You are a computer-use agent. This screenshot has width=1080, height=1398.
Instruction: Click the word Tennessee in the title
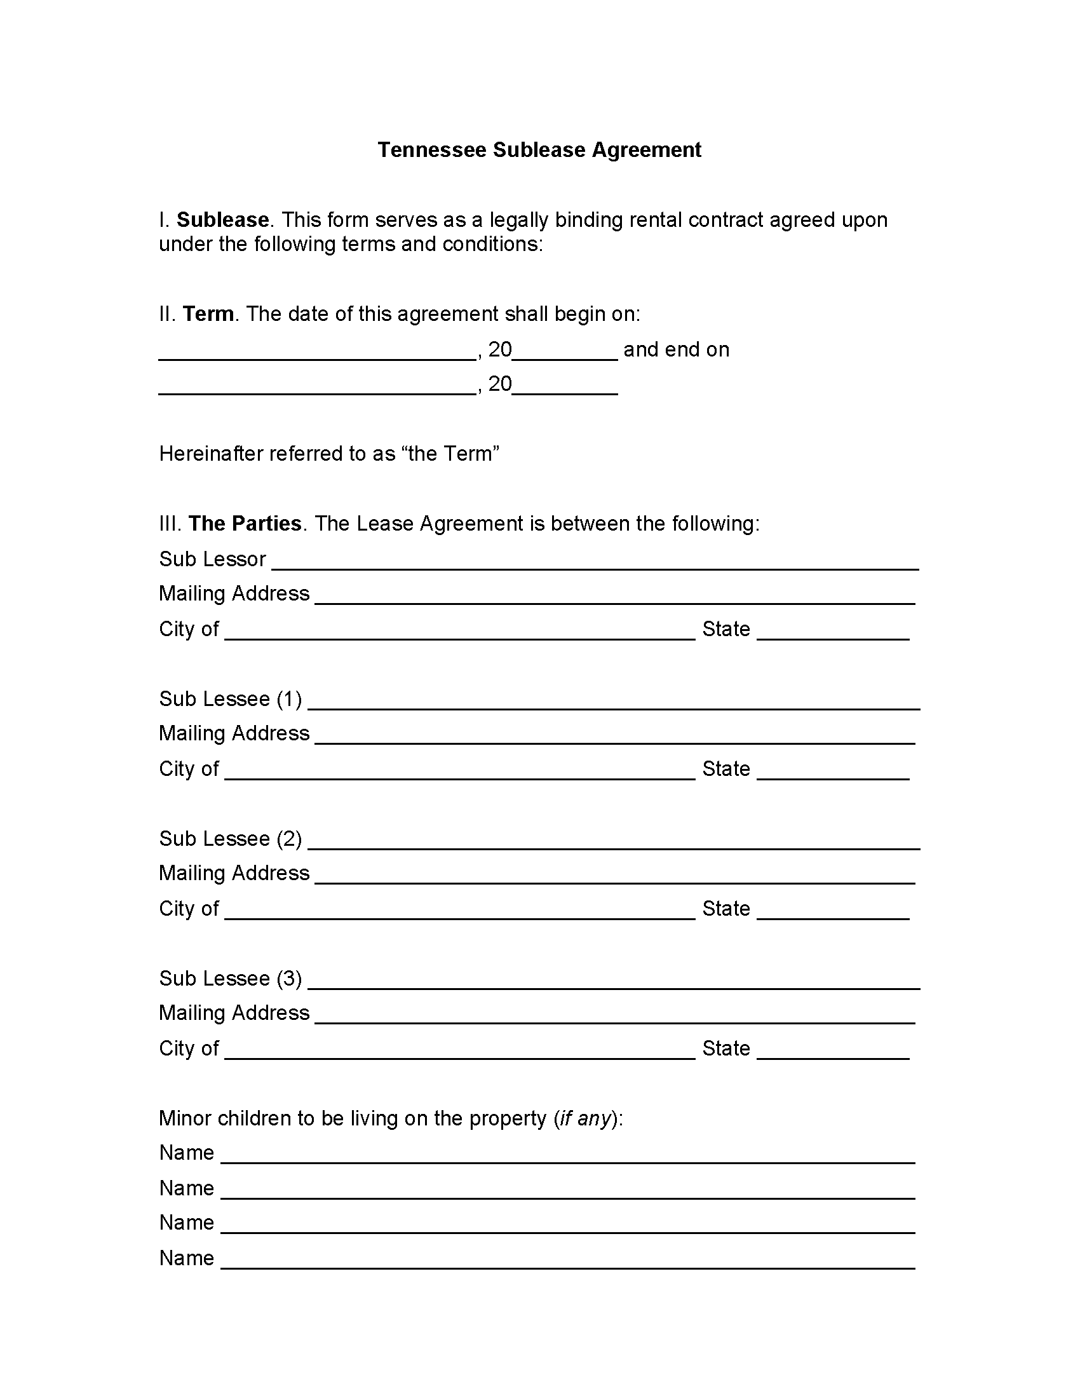click(431, 150)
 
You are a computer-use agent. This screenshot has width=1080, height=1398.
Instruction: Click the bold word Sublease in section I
click(222, 221)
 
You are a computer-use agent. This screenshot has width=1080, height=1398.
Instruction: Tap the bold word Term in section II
click(208, 315)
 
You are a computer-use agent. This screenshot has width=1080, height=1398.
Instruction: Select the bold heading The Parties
click(245, 524)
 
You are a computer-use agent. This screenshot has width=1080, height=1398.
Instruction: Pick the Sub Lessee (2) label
click(231, 839)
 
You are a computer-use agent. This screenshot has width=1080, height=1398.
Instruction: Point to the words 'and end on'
click(677, 349)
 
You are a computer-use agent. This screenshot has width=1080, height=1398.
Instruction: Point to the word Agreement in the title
click(646, 150)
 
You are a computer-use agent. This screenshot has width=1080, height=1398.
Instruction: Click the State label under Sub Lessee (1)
click(726, 769)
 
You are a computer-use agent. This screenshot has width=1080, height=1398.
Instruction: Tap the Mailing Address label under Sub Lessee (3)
click(234, 1014)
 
